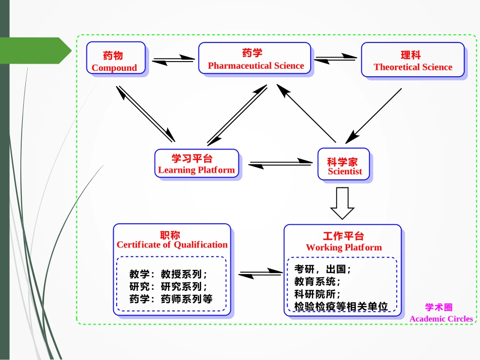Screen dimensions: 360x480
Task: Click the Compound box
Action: click(116, 59)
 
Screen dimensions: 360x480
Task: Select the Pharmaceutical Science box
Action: click(254, 59)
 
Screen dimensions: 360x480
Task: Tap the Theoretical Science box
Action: click(412, 60)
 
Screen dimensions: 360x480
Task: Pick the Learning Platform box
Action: click(197, 164)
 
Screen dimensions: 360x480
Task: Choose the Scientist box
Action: click(344, 164)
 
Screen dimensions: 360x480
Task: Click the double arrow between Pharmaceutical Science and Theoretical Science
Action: click(335, 59)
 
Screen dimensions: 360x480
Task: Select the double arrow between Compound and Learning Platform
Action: click(146, 114)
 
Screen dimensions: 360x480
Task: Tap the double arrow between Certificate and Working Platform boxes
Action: click(260, 274)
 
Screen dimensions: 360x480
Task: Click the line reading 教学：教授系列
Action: click(168, 274)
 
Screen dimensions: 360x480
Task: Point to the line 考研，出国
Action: click(322, 269)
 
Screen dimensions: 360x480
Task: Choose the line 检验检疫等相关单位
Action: click(341, 306)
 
